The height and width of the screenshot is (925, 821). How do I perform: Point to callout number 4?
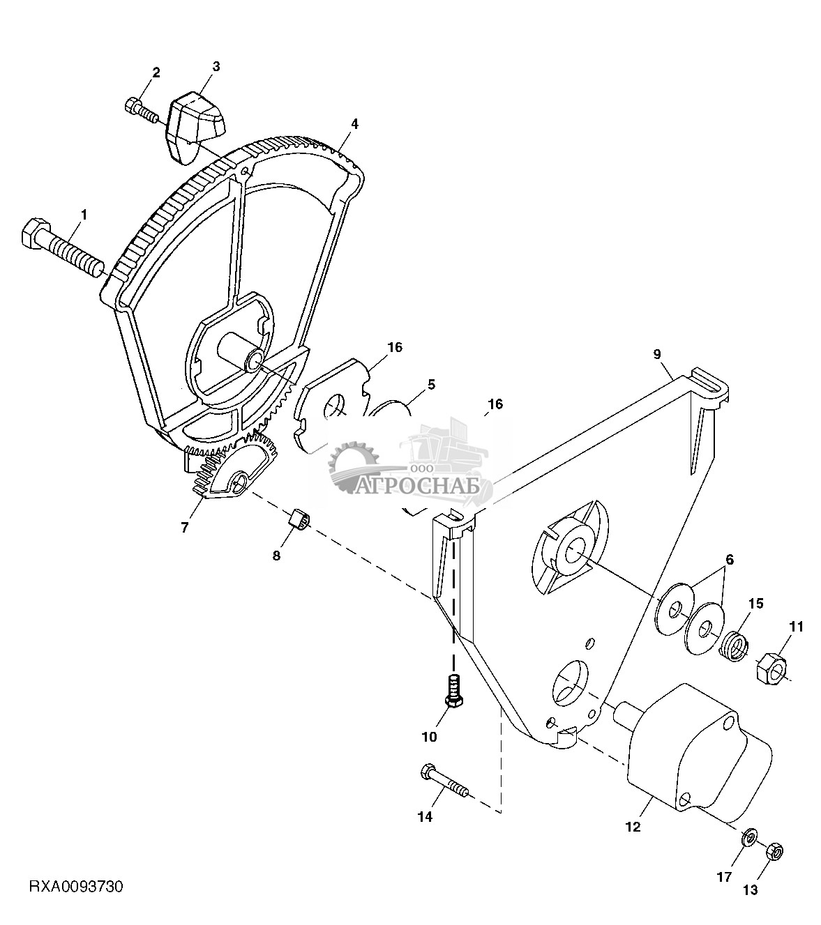pyautogui.click(x=354, y=123)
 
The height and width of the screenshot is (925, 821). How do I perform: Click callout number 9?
pyautogui.click(x=657, y=354)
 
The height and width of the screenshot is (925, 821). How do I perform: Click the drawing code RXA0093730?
pyautogui.click(x=76, y=887)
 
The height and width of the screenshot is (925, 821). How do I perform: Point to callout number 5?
pyautogui.click(x=431, y=384)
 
